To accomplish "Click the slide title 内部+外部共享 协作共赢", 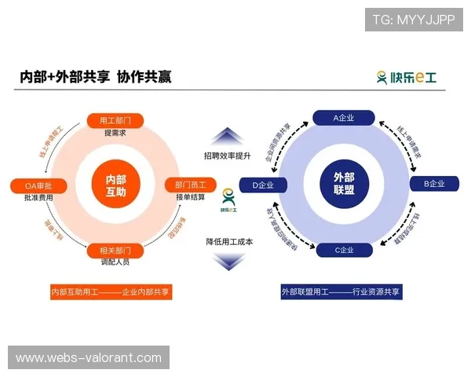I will click(x=96, y=77).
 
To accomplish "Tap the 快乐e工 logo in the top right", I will click(x=406, y=77).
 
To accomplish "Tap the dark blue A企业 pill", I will click(x=343, y=118).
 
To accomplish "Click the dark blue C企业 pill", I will click(x=343, y=251).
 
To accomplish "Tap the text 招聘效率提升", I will click(x=227, y=156).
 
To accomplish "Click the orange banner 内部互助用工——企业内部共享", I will click(x=110, y=291).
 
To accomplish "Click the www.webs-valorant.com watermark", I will click(x=88, y=358).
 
